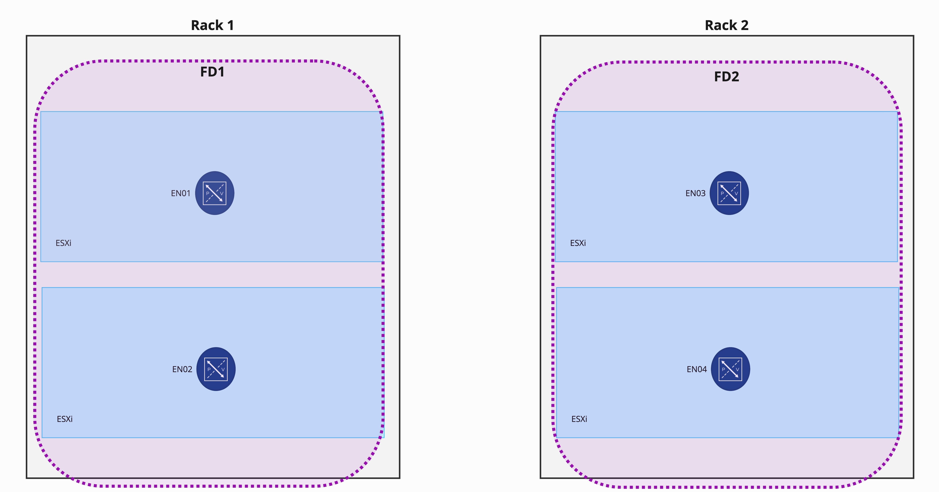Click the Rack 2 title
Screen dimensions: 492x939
726,25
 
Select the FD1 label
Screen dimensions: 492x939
212,72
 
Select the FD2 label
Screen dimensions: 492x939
726,76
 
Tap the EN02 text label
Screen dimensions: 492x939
182,369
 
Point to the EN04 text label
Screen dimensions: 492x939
697,369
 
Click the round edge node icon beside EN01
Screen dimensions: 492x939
215,193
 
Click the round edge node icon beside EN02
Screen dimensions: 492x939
216,369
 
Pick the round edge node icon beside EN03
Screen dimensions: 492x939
729,193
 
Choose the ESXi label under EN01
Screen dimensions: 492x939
63,243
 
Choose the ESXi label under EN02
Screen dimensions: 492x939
65,419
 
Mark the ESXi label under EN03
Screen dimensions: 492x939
578,243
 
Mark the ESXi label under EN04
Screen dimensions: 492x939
579,419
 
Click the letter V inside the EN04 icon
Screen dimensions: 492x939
737,369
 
